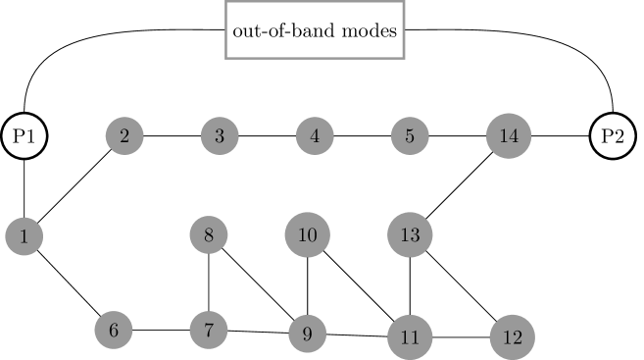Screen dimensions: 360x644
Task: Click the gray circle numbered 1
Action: pos(24,236)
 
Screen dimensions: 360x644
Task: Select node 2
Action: pos(124,136)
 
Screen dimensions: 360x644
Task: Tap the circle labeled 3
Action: pos(220,136)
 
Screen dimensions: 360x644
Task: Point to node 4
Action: pos(315,136)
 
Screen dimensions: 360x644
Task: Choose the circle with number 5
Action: pos(410,136)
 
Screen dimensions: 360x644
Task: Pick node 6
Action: pos(114,331)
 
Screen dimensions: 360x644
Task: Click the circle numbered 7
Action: pos(209,330)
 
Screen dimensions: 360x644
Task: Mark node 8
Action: pos(209,235)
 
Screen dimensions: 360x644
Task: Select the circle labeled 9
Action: pos(307,334)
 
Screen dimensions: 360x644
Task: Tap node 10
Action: pos(308,235)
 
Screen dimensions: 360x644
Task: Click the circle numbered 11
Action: pos(410,337)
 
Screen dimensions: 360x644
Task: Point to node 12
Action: pos(512,337)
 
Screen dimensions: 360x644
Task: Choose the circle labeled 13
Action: pos(410,235)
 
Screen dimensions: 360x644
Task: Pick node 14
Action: pos(509,136)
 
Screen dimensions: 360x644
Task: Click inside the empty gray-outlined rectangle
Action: pos(315,30)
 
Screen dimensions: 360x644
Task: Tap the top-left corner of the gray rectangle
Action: pos(226,2)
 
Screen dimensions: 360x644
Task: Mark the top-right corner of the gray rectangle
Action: pos(404,2)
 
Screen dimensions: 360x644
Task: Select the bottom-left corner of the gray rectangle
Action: pos(226,58)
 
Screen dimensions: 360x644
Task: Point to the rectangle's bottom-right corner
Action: pos(404,58)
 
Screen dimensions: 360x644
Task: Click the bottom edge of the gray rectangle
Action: pos(315,58)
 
